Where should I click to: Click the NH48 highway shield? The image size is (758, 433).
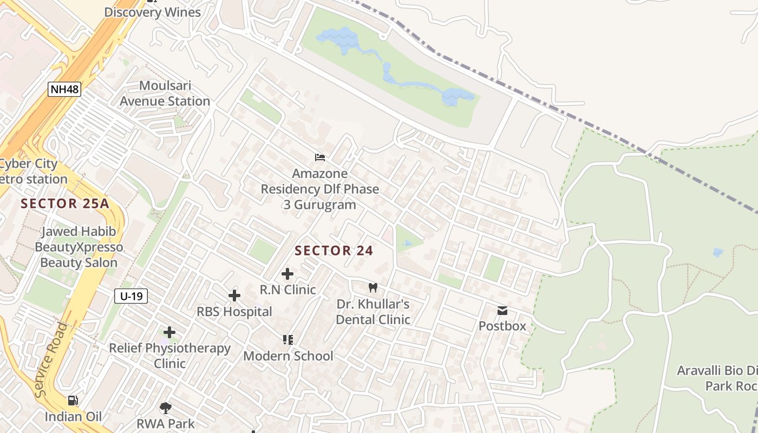[64, 89]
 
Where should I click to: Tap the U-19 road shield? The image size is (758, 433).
[131, 296]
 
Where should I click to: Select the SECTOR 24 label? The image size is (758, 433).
[334, 251]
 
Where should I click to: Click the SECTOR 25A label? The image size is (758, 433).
[65, 204]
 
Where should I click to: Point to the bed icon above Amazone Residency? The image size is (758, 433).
[320, 158]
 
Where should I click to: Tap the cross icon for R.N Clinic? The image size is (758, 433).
[287, 274]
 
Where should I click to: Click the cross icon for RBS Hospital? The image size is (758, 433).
[234, 296]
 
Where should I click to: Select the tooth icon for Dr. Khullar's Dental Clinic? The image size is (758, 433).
[373, 288]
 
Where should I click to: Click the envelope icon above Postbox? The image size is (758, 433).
[502, 311]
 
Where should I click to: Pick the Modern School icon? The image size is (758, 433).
[288, 340]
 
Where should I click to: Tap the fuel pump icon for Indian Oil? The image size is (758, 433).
[73, 401]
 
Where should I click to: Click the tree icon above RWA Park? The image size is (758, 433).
[166, 408]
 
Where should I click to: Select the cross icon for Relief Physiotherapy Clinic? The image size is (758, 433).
[169, 332]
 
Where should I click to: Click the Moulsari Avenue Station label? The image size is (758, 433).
[165, 94]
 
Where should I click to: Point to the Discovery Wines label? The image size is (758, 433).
[152, 12]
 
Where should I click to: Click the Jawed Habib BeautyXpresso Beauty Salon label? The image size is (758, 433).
[79, 247]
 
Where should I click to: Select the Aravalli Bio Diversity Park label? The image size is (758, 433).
[717, 378]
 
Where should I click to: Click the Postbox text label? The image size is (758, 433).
[502, 326]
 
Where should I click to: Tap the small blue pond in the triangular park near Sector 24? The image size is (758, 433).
[407, 244]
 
